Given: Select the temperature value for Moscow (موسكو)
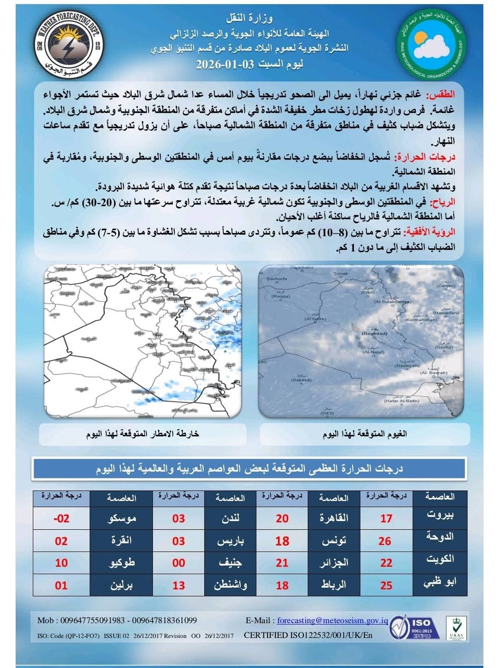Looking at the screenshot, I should [x=61, y=518].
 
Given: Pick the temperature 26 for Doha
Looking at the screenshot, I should [x=385, y=540].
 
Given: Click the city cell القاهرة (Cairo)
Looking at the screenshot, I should [x=334, y=518].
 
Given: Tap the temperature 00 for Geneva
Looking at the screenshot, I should [x=178, y=563].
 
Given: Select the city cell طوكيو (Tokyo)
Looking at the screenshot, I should [x=121, y=563].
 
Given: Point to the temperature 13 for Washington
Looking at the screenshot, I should [x=178, y=585].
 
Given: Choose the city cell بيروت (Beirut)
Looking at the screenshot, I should [x=439, y=516].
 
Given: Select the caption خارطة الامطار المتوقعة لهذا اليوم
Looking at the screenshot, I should [x=143, y=434].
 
